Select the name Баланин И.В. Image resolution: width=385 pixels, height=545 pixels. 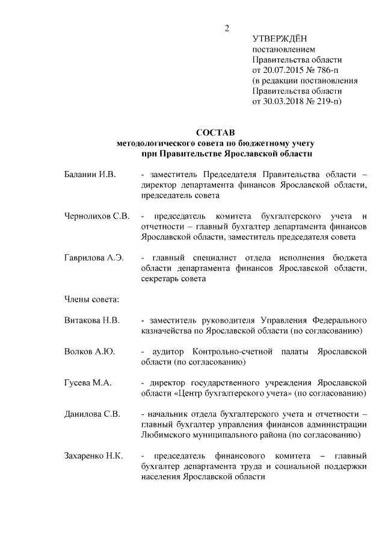tap(89, 175)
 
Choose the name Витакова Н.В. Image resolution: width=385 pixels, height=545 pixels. tap(92, 320)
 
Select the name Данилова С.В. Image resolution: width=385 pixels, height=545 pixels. tap(92, 414)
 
